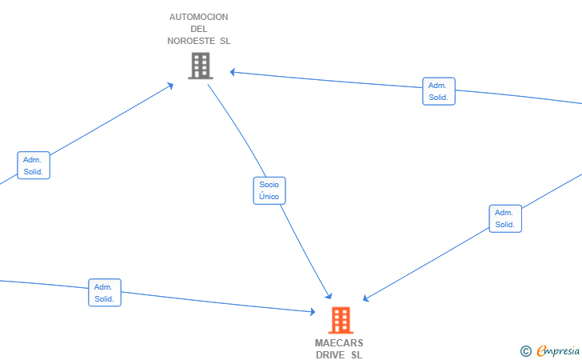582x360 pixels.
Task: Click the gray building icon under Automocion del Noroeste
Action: pos(201,66)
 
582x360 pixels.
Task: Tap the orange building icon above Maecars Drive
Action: pos(341,320)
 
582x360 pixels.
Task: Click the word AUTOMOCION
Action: pos(198,17)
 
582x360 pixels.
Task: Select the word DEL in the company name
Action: pos(198,29)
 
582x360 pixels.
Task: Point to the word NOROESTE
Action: pos(191,41)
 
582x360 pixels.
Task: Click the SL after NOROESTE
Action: pos(225,41)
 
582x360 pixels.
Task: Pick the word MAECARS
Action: pos(339,343)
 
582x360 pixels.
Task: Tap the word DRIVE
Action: pos(330,355)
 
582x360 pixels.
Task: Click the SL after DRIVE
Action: pos(357,355)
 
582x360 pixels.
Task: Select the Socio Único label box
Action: pos(269,190)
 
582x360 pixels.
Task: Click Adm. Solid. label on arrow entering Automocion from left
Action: pos(34,166)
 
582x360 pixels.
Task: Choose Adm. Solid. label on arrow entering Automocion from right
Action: pos(439,91)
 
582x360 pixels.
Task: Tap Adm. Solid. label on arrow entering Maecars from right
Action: pos(505,218)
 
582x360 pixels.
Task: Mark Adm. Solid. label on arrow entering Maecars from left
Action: pos(105,292)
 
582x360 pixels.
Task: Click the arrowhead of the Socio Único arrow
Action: pos(329,296)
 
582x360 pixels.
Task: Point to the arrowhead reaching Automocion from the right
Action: pos(233,72)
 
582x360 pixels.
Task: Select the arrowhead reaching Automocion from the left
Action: pos(170,86)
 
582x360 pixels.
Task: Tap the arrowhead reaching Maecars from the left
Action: pos(313,312)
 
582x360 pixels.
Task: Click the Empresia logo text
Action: pos(558,350)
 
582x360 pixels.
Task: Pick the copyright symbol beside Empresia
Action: pos(525,351)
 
